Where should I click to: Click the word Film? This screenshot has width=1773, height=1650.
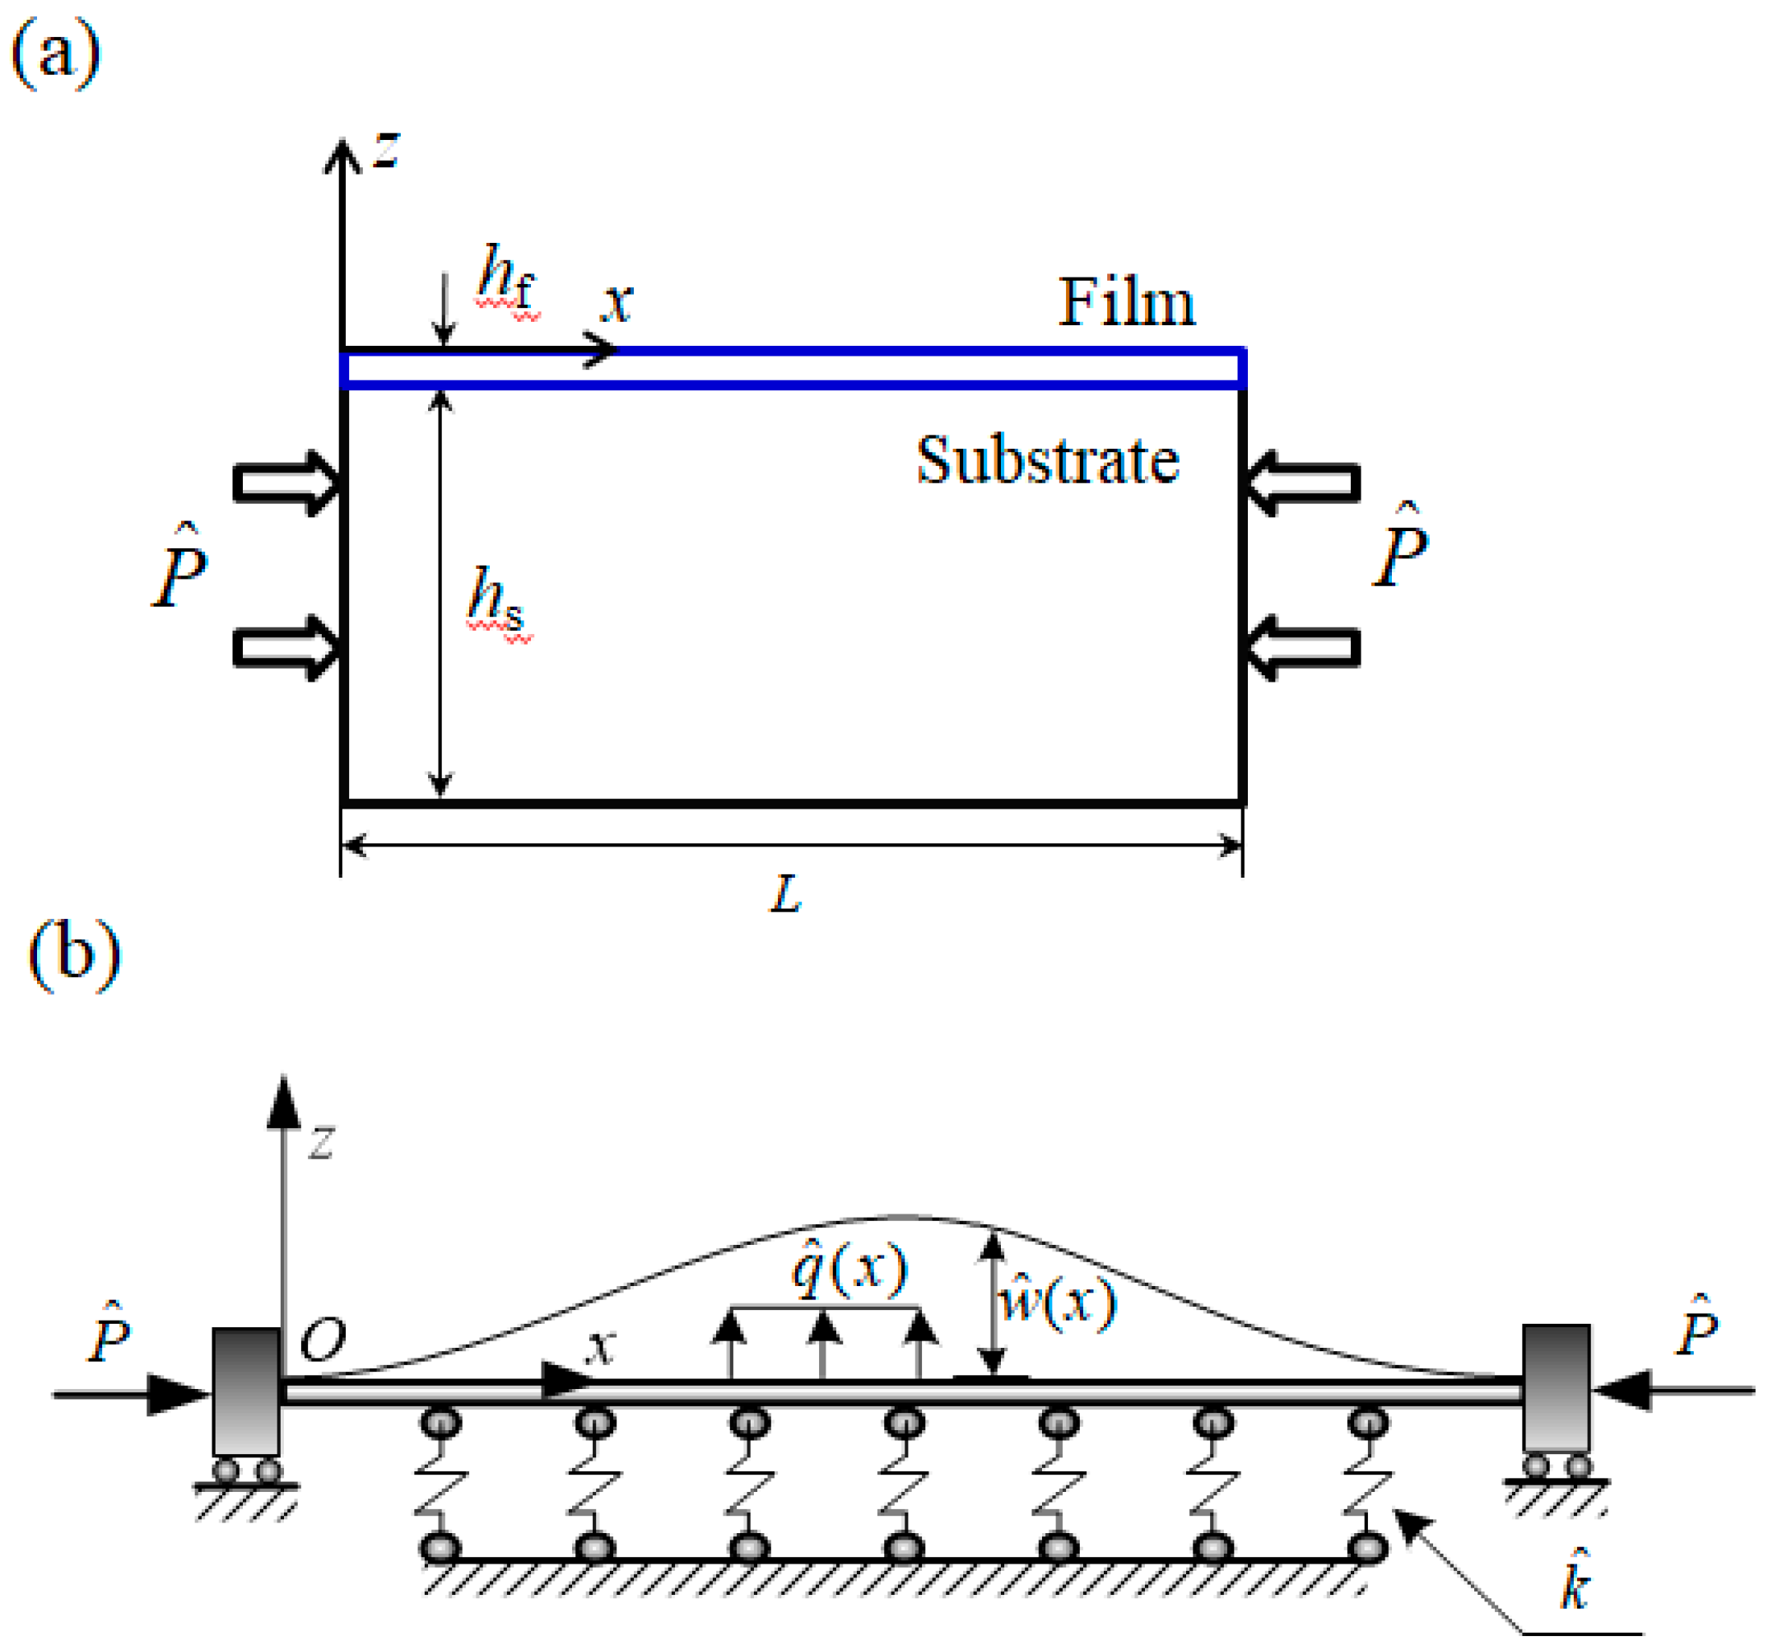[x=1126, y=303]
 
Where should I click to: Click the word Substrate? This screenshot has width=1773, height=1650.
[x=1048, y=461]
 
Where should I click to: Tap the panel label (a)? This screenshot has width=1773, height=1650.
[x=55, y=54]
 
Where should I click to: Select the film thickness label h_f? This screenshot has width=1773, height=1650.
[x=505, y=277]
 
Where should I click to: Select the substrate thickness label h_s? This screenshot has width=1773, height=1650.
[x=496, y=599]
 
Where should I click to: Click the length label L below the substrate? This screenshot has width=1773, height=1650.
[x=786, y=893]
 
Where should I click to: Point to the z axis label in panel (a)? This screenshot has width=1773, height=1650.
[x=386, y=150]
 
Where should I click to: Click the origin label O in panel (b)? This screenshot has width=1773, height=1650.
[x=322, y=1339]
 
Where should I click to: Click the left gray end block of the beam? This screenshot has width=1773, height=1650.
[x=246, y=1391]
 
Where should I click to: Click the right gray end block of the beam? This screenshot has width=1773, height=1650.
[x=1557, y=1388]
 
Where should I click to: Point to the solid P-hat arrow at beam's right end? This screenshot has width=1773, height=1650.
[x=1673, y=1391]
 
